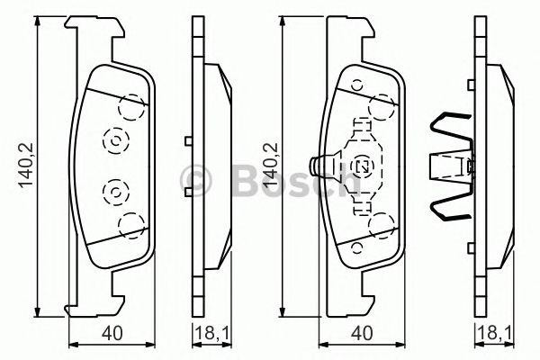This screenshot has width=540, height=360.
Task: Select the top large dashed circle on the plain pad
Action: [133, 108]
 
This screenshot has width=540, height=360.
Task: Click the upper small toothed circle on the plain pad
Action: [114, 140]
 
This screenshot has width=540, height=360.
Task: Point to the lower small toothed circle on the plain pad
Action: [114, 191]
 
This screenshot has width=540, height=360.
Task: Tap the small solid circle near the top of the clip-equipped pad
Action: [356, 86]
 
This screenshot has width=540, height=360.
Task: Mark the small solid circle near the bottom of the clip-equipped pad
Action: [357, 245]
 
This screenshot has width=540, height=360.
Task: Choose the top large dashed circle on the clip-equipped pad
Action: [384, 107]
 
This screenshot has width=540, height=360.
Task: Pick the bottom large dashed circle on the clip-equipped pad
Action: [384, 224]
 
